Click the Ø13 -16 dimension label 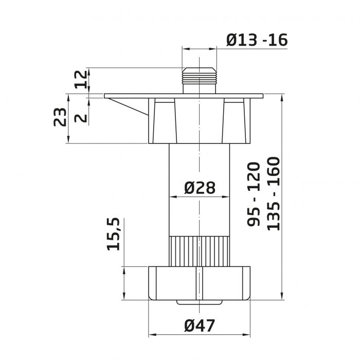coord(257,40)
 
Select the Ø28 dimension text coord(200,188)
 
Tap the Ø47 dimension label coord(200,325)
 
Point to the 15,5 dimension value coord(114,233)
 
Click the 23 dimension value coord(60,117)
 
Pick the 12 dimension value coord(81,79)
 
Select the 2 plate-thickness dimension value coord(81,118)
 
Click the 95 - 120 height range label coord(254,194)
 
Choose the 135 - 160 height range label coord(274,193)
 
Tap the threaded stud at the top coord(200,80)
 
